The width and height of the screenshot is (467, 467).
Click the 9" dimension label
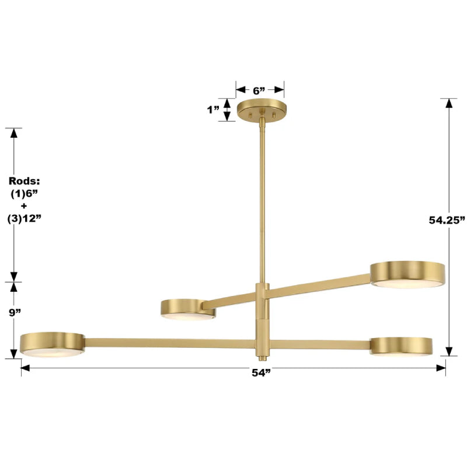coord(15,312)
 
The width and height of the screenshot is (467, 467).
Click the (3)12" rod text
coord(25,218)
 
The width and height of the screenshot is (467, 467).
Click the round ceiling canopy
coord(262,109)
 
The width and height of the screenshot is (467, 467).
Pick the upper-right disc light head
coord(407,274)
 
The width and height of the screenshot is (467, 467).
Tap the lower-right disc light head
coord(401,346)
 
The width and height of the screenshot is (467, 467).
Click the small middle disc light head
coord(188,309)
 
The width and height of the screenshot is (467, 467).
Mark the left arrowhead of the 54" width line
coord(25,368)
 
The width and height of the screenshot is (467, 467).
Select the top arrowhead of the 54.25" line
coord(448,102)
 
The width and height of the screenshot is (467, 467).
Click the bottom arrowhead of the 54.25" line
coord(448,351)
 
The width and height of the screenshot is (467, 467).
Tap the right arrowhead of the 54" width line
coord(442,368)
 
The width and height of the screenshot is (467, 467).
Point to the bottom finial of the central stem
coord(261,356)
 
